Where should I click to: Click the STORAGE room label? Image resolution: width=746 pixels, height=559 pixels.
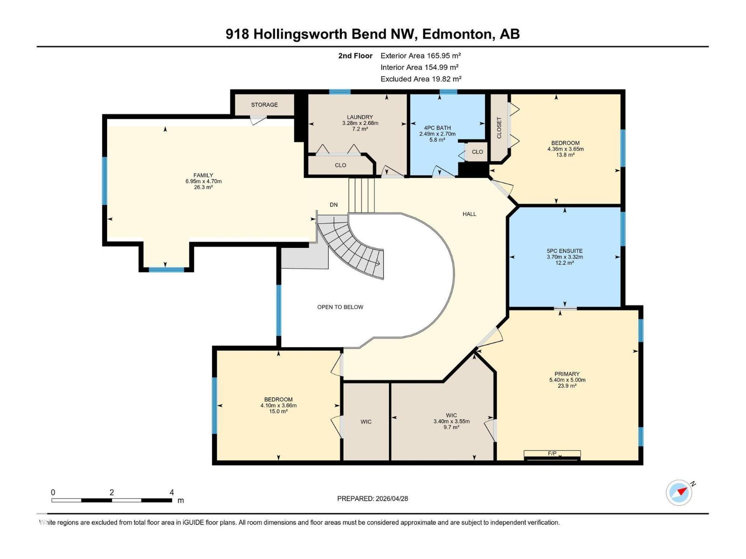264,105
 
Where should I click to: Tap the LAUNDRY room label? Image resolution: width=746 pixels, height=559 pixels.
359,117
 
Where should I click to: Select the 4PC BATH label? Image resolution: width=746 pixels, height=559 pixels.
437,128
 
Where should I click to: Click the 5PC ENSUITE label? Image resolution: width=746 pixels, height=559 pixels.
565,251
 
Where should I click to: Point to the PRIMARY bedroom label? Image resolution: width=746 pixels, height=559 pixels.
567,374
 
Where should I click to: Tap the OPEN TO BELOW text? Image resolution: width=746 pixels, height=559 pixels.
340,307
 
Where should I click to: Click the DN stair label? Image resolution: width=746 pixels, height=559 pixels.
333,205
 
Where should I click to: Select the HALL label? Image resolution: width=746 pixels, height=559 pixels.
469,214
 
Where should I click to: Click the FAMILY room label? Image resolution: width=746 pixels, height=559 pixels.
203,175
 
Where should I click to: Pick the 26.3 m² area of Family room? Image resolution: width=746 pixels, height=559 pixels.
203,187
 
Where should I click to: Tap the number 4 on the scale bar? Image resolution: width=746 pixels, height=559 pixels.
172,492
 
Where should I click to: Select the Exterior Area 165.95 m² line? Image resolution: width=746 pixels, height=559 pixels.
421,55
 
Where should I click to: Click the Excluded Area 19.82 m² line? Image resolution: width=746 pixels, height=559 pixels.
421,79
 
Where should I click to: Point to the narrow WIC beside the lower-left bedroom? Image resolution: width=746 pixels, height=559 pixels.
366,422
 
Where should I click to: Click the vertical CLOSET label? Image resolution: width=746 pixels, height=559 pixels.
499,128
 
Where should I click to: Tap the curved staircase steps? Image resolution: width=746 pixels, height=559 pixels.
354,247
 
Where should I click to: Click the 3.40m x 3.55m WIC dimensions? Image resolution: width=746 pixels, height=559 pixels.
451,421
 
